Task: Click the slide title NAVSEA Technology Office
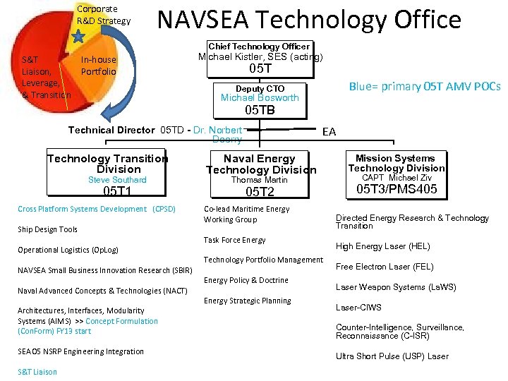[x=309, y=19]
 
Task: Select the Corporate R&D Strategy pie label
[x=103, y=15]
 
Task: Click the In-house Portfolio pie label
[x=99, y=66]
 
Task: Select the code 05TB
[x=260, y=110]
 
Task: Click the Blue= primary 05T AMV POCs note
[x=425, y=86]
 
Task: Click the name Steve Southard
[x=117, y=180]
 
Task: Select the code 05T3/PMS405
[x=397, y=189]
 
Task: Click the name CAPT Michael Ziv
[x=397, y=178]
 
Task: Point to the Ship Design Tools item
[x=48, y=229]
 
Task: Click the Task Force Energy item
[x=234, y=240]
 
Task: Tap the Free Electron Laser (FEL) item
[x=384, y=267]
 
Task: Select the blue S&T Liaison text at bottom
[x=37, y=372]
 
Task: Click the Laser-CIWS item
[x=358, y=308]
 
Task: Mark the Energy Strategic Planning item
[x=247, y=301]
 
